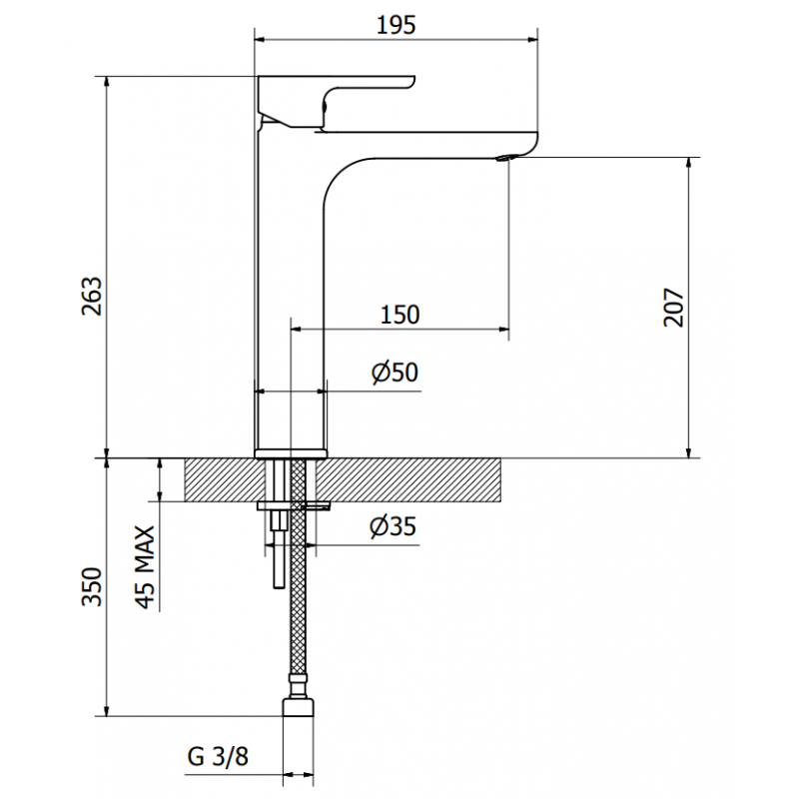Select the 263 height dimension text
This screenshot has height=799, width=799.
[90, 296]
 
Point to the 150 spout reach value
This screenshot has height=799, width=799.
[399, 315]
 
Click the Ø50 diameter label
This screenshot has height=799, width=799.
[394, 374]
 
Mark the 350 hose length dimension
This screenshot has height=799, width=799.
[91, 587]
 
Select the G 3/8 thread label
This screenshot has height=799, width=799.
[217, 757]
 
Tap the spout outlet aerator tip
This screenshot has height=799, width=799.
[506, 156]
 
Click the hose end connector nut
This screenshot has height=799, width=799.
[298, 707]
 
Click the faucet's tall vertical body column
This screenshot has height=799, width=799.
[290, 300]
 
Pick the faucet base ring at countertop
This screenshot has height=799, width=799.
[291, 453]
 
